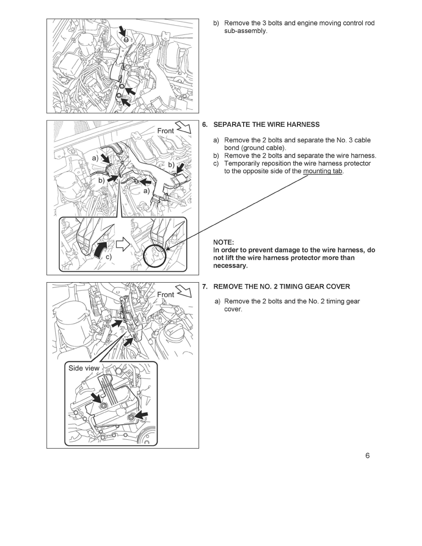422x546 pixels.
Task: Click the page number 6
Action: tap(367, 456)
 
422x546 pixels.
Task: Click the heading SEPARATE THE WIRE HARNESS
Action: tap(267, 125)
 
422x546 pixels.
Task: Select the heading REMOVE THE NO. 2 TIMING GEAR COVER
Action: tap(282, 286)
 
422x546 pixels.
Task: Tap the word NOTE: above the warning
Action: tap(224, 242)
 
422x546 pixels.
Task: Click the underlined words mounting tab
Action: tap(323, 171)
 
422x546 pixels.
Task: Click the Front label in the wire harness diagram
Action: tap(165, 131)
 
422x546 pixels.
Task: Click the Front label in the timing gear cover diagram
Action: tap(165, 294)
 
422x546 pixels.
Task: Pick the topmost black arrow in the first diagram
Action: tap(123, 31)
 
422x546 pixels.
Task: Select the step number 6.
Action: tap(205, 125)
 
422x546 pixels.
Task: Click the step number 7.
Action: tap(205, 286)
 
